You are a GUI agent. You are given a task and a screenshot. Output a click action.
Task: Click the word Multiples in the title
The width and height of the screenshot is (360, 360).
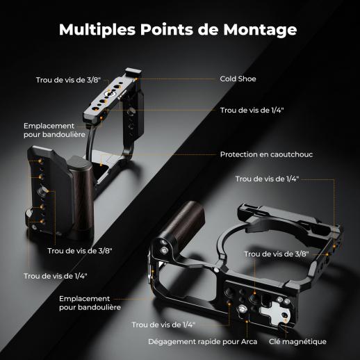[x=97, y=30]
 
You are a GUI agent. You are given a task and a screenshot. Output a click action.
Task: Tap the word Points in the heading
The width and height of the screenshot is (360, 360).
[x=167, y=29]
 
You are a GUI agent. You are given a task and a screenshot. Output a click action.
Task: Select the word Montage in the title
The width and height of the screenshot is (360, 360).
[x=260, y=30]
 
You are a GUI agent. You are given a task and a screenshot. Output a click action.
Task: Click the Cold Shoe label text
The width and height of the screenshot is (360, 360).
[x=238, y=79]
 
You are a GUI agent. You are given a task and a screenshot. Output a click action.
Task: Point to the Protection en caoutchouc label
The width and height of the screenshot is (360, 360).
[x=266, y=154]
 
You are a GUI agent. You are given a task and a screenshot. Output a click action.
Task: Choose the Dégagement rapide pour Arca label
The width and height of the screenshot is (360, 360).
[x=203, y=342]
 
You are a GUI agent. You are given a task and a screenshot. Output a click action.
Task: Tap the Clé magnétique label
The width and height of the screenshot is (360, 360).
[x=297, y=342]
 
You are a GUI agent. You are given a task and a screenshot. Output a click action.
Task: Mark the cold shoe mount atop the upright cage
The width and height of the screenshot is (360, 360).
[x=133, y=72]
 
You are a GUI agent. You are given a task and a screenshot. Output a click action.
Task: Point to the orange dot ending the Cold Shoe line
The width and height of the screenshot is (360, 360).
[x=136, y=79]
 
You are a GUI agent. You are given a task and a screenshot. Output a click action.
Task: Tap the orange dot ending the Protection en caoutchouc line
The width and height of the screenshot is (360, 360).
[x=101, y=165]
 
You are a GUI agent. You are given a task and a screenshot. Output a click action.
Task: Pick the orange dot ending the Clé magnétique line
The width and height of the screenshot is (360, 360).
[x=285, y=321]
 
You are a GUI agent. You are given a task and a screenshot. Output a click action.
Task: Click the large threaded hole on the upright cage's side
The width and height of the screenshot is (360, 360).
[x=41, y=190]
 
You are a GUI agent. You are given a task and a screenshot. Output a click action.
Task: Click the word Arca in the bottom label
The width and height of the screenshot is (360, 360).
[x=249, y=342]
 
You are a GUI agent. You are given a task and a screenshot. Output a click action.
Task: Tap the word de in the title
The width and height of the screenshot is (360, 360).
[x=208, y=29]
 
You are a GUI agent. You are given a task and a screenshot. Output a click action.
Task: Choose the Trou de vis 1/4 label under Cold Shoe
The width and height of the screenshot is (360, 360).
[x=252, y=111]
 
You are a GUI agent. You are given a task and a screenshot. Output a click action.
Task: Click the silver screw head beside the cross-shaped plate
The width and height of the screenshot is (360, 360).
[x=243, y=309]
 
